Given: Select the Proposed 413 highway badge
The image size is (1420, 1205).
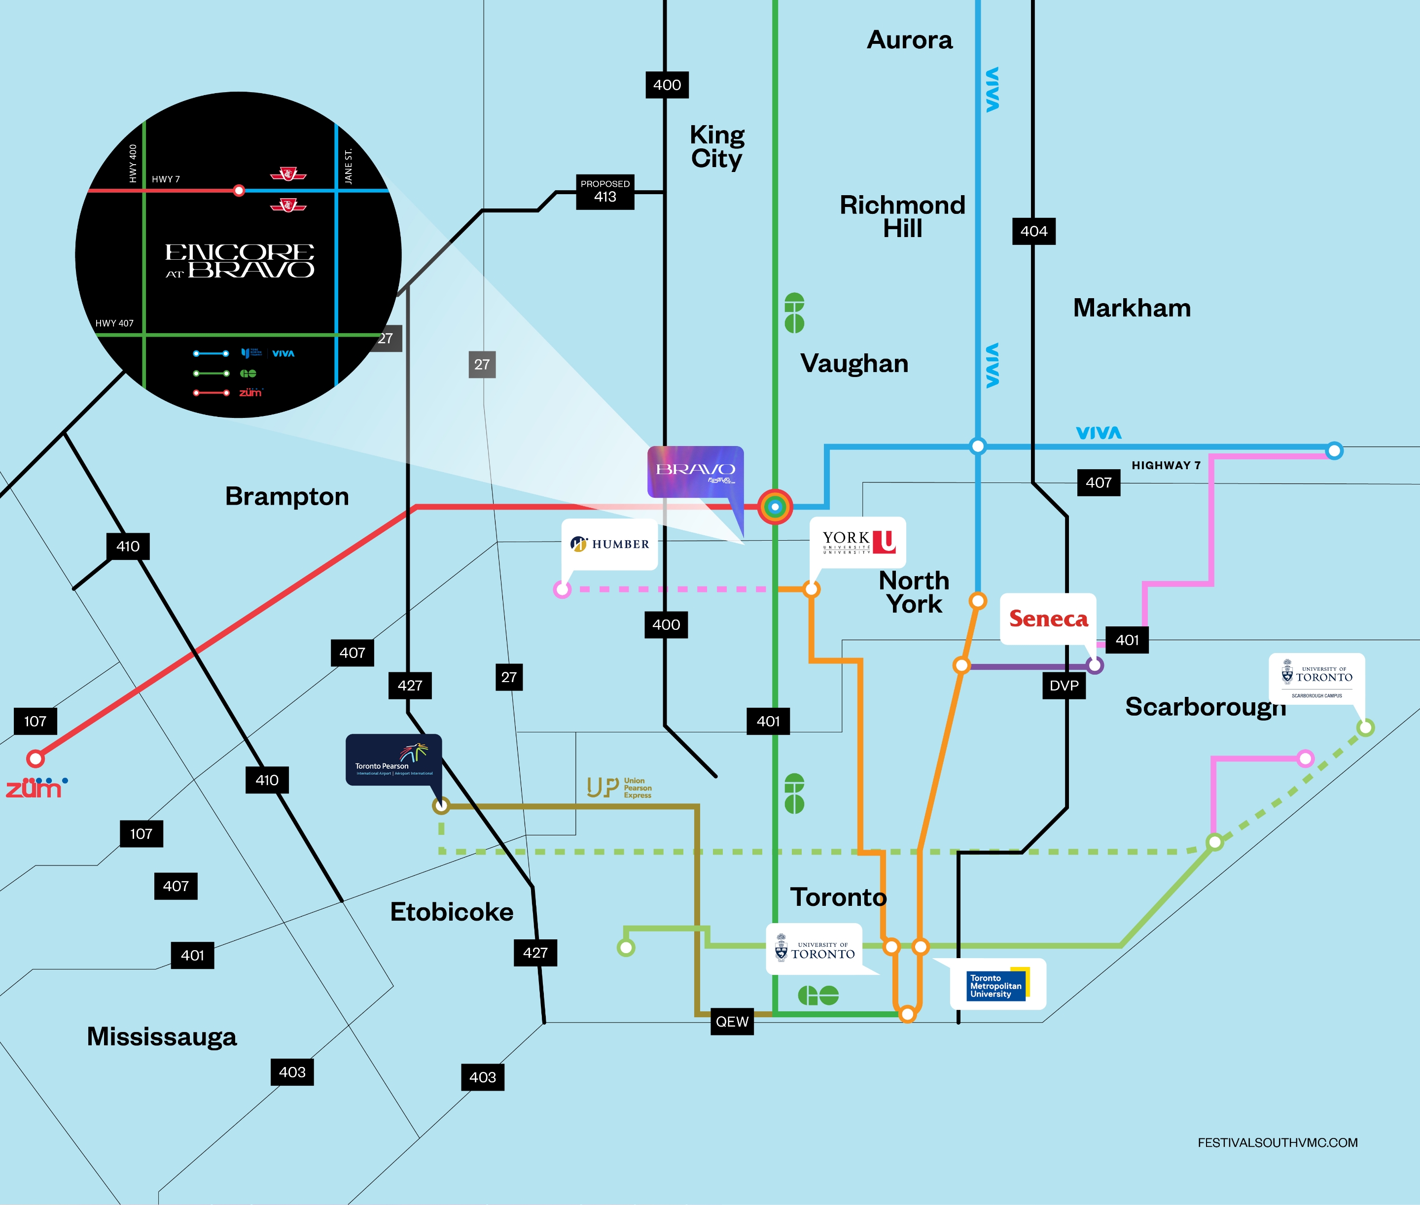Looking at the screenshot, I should pos(605,192).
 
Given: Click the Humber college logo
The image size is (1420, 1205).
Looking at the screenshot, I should pos(609,544).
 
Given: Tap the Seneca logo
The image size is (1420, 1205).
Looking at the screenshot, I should pos(1048,618).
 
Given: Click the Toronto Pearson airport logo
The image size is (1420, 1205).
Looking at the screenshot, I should pos(393,759).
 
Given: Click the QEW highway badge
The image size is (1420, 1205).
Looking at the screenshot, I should pos(732,1021).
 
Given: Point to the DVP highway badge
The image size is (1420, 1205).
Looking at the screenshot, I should pos(1064,685).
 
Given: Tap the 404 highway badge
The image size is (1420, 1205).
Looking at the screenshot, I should pos(1033,231).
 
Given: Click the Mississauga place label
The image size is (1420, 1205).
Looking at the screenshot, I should pos(162,1036).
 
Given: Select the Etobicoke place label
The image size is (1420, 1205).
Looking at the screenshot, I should pos(452,912).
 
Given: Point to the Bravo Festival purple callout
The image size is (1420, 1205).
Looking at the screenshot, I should pos(695,471).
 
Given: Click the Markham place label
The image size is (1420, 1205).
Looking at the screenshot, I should pos(1132,308).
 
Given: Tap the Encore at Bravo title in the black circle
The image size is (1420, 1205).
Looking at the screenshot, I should pos(239,261).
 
